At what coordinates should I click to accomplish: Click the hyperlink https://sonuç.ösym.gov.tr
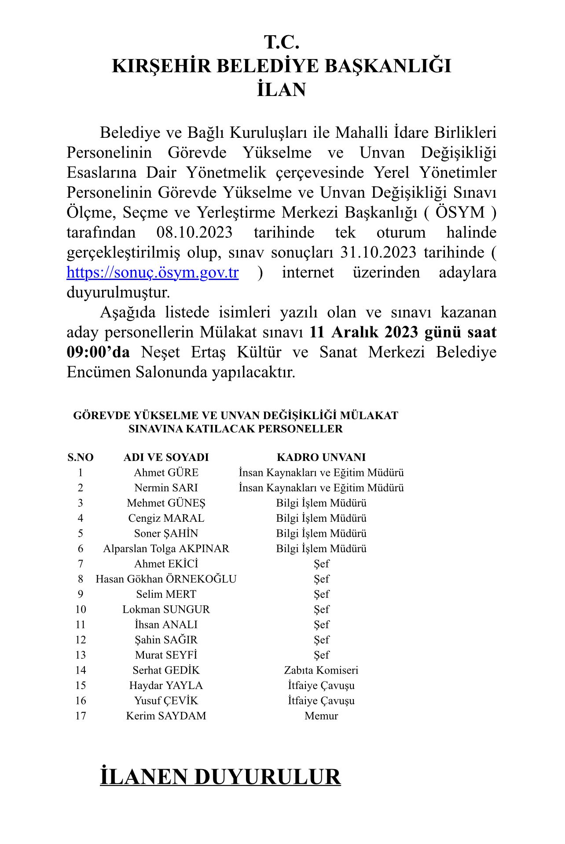click(152, 273)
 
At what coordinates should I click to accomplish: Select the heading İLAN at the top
click(282, 89)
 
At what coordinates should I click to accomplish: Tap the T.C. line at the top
click(282, 42)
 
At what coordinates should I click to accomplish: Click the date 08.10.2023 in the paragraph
click(194, 232)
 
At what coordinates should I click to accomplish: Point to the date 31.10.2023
click(378, 252)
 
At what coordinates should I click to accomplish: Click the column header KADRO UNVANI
click(321, 457)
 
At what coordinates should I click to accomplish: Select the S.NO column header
click(80, 457)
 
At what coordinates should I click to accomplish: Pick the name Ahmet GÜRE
click(166, 472)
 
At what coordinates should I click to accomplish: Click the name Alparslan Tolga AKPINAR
click(166, 549)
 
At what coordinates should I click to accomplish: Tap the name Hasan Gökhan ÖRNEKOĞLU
click(166, 579)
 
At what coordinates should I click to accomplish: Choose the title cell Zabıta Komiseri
click(321, 670)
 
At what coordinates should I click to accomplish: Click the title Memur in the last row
click(321, 716)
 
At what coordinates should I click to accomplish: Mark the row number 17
click(80, 716)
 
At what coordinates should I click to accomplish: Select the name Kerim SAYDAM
click(166, 716)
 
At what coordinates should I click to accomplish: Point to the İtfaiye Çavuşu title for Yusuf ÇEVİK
click(321, 700)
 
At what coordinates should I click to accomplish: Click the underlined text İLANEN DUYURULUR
click(220, 777)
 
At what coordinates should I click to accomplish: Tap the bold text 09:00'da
click(98, 352)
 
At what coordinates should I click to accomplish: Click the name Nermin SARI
click(166, 488)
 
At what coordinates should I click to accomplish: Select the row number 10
click(80, 609)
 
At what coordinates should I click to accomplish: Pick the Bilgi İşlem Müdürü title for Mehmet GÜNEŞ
click(321, 503)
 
